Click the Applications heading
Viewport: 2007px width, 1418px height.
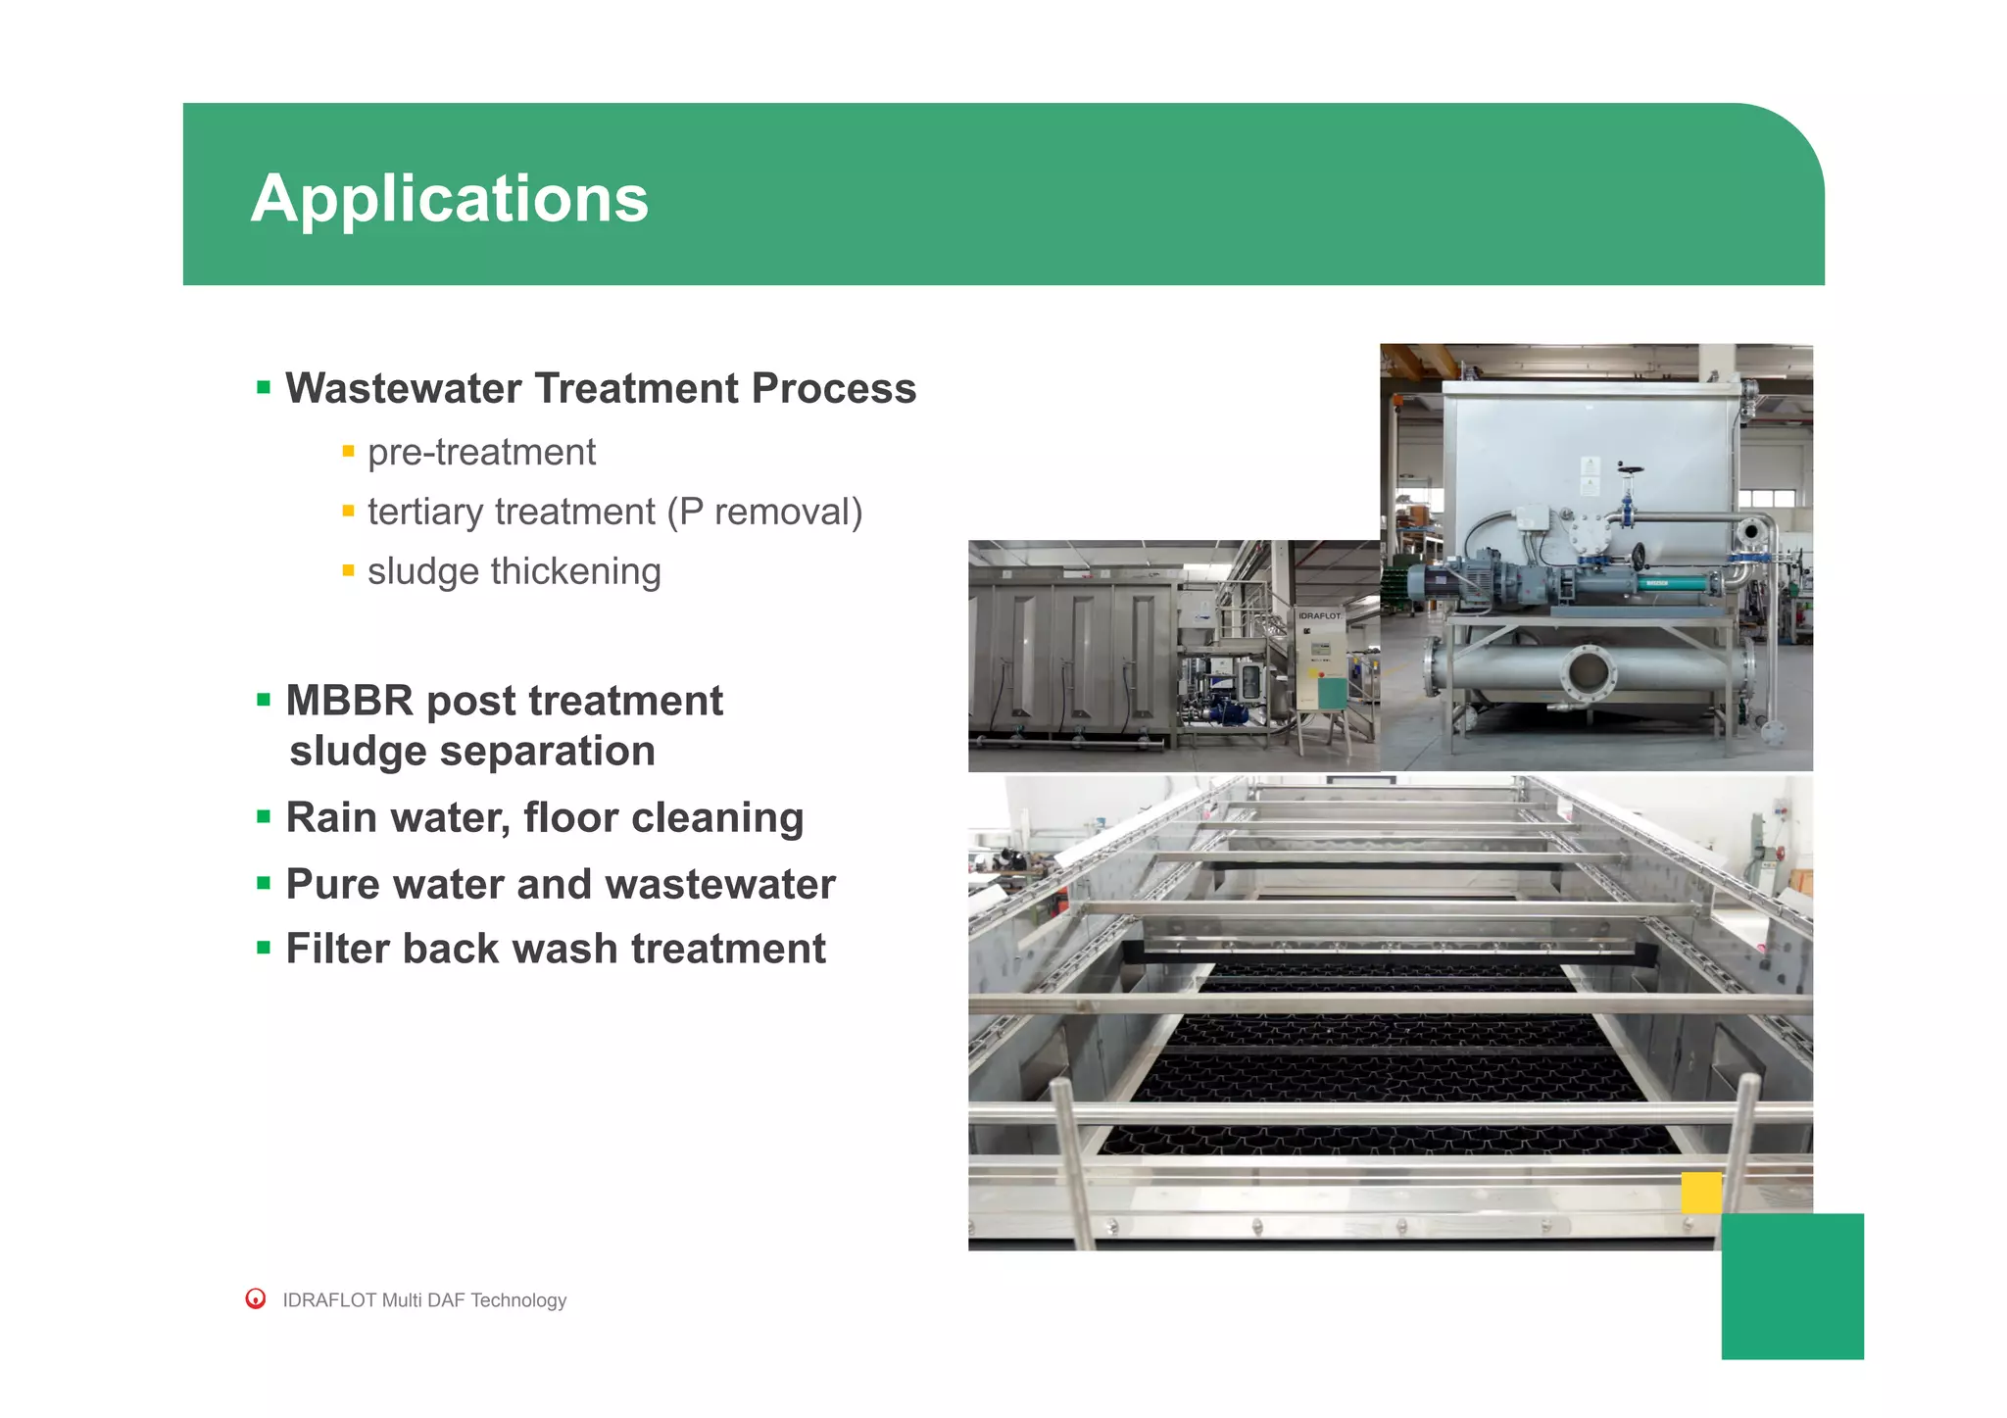coord(449,199)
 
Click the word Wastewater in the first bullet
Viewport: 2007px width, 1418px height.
coord(403,389)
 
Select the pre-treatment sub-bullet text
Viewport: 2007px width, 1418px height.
coord(481,453)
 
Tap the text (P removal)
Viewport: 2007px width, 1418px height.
coord(764,513)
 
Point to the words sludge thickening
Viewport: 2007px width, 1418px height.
coord(514,572)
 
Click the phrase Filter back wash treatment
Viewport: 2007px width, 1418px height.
coord(555,950)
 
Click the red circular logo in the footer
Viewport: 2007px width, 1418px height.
coord(256,1299)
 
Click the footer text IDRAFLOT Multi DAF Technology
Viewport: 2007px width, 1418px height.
coord(424,1300)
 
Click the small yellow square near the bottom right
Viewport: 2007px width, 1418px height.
coord(1701,1193)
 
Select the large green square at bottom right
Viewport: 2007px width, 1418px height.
coord(1791,1286)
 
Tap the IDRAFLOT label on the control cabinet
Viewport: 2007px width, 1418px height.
coord(1319,615)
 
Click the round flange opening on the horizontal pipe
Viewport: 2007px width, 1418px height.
coord(1587,673)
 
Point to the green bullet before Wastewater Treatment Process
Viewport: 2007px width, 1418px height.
coord(263,388)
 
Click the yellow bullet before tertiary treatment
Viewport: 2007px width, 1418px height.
coord(348,512)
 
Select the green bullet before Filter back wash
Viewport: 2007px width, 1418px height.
coord(263,949)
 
